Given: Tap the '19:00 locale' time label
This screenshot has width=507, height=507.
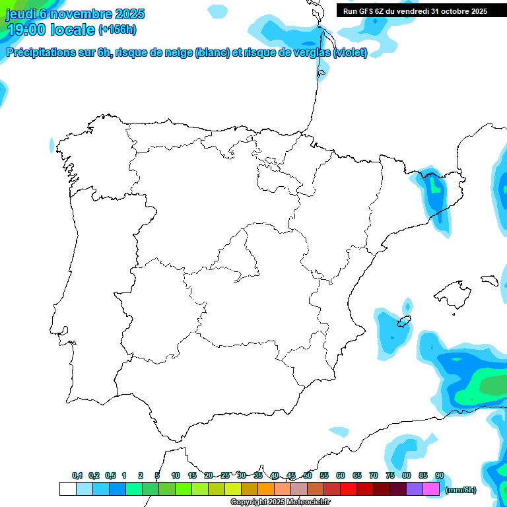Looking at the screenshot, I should pyautogui.click(x=50, y=30).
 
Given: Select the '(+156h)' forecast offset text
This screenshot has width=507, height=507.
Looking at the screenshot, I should pyautogui.click(x=117, y=30).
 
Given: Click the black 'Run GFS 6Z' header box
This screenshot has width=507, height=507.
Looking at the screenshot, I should pyautogui.click(x=415, y=11).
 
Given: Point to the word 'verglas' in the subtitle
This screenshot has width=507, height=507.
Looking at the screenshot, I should pyautogui.click(x=311, y=53).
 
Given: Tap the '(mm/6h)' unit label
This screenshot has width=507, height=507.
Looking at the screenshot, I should pyautogui.click(x=460, y=490).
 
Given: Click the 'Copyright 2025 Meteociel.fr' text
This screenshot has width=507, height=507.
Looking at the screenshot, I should pyautogui.click(x=280, y=502).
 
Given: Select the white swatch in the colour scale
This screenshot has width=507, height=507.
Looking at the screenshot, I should pyautogui.click(x=67, y=489).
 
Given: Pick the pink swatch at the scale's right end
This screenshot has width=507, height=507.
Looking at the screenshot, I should pyautogui.click(x=431, y=489).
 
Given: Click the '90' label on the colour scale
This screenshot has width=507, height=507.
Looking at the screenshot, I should pyautogui.click(x=440, y=475).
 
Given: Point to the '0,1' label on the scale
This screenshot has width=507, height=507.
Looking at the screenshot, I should pyautogui.click(x=77, y=475).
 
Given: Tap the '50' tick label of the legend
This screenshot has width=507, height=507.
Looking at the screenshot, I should pyautogui.click(x=308, y=475).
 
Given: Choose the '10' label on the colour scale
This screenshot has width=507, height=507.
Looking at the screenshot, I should pyautogui.click(x=176, y=475).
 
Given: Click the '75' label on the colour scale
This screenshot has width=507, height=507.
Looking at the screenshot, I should pyautogui.click(x=390, y=475).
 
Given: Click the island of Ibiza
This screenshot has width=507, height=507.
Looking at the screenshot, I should pyautogui.click(x=404, y=322).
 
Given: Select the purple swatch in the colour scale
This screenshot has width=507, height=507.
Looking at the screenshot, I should pyautogui.click(x=415, y=489).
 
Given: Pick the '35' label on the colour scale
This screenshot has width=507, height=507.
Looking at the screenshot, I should pyautogui.click(x=258, y=475).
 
